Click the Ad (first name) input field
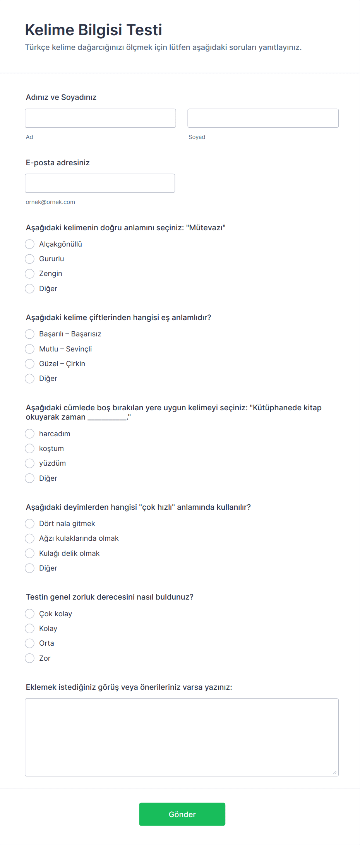100,118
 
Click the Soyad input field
263,118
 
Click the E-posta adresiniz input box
100,183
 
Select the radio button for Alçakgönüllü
30,244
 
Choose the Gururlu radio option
30,259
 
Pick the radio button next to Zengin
30,274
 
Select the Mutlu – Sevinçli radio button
30,349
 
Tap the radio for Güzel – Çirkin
30,364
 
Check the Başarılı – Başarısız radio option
30,334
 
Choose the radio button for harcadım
30,434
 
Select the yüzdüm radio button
30,463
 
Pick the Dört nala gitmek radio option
30,524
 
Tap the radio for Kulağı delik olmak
30,554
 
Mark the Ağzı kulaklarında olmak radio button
30,538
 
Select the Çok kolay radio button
30,614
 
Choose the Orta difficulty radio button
30,643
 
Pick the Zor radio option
30,658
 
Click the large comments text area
182,737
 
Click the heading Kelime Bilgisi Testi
94,30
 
